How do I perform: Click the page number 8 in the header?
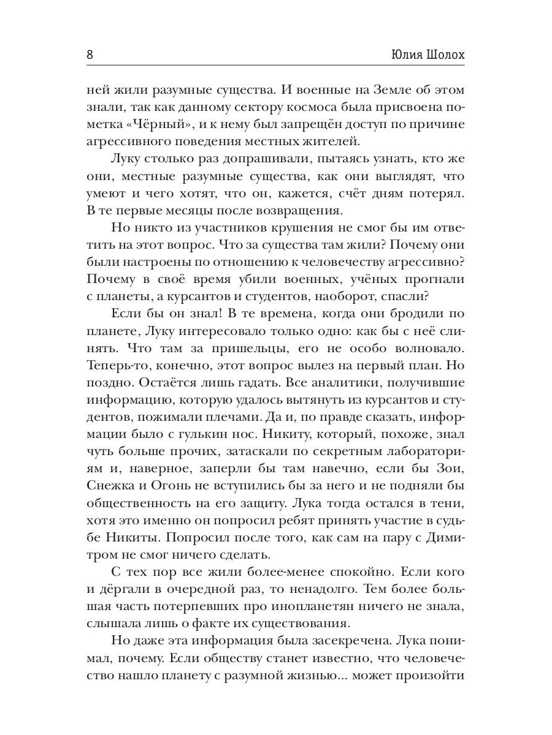pyautogui.click(x=90, y=54)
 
